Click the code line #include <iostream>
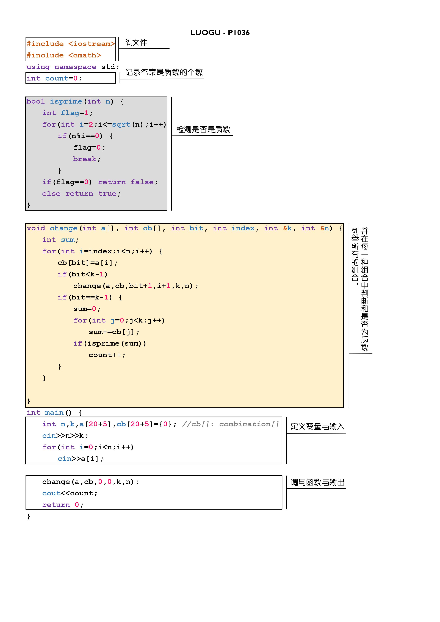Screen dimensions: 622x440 point(70,44)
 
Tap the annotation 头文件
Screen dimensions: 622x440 point(136,43)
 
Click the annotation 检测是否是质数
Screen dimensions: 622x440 point(203,129)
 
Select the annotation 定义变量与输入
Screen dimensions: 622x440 point(317,427)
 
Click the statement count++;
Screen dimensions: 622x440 point(107,355)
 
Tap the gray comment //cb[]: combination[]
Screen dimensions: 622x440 point(230,424)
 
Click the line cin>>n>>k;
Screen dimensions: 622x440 point(65,436)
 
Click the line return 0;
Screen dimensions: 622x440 point(63,505)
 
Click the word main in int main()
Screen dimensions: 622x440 point(54,413)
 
